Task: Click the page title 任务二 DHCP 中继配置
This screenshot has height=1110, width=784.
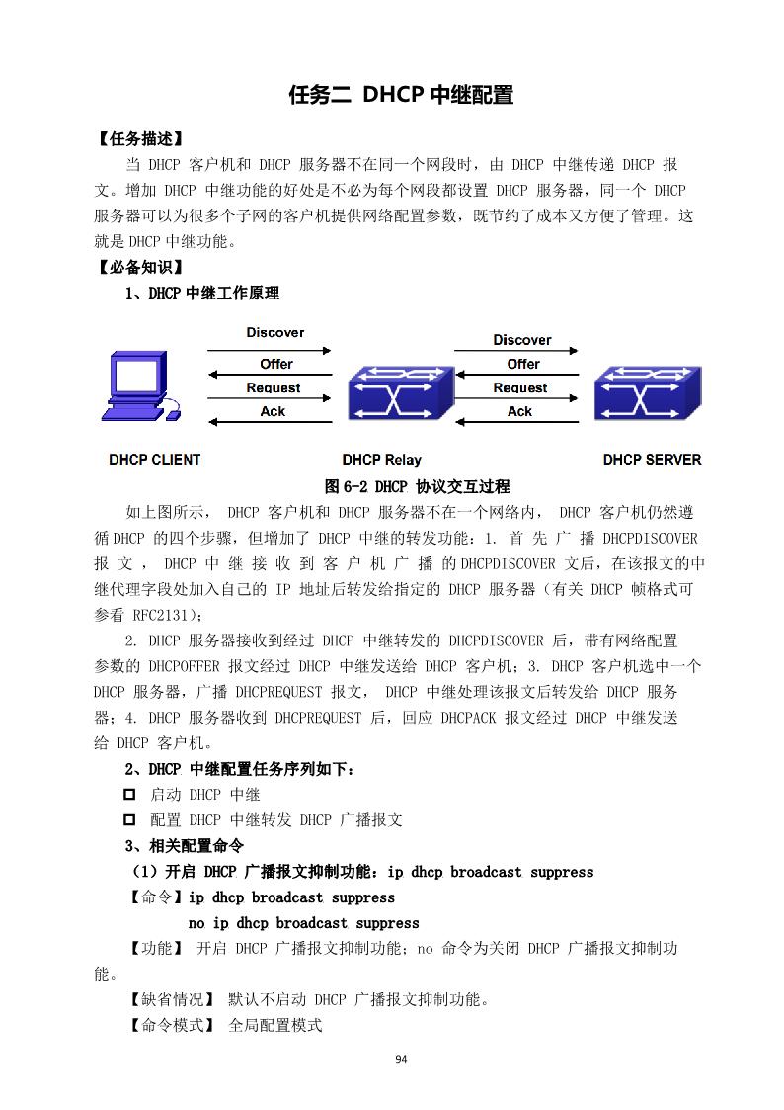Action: (400, 95)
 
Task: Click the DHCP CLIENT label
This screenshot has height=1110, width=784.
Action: (154, 460)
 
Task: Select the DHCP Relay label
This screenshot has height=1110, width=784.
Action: (381, 460)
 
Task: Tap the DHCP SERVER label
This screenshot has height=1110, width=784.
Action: (652, 460)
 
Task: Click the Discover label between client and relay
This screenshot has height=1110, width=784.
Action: (274, 333)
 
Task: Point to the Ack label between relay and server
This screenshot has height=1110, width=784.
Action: (520, 412)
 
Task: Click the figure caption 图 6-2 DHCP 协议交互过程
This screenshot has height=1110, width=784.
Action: (417, 486)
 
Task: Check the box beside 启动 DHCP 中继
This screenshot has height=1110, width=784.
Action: (128, 794)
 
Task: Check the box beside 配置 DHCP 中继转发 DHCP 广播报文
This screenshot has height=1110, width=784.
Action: (128, 819)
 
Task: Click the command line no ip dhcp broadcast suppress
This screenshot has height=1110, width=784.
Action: (303, 923)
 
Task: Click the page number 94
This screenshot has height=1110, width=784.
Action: (401, 1059)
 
